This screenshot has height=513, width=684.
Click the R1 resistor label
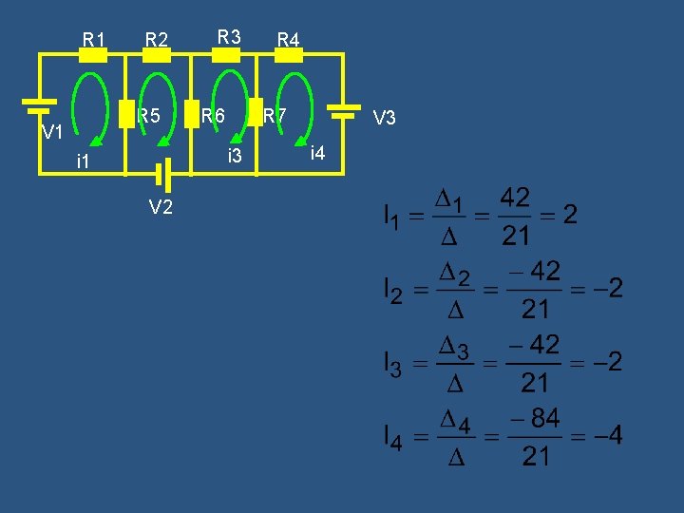(94, 40)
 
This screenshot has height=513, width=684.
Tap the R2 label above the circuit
(157, 40)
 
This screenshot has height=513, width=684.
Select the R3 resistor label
(229, 37)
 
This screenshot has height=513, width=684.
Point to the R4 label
(288, 40)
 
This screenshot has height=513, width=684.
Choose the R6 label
(213, 116)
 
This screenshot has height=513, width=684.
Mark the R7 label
(275, 116)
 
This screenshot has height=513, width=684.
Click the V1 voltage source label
(52, 131)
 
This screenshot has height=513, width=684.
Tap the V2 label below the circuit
(161, 207)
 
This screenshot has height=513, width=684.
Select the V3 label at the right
(385, 118)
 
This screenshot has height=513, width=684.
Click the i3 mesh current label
(235, 155)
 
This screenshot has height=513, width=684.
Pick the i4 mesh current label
(317, 153)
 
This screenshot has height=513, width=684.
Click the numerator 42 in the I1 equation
(515, 199)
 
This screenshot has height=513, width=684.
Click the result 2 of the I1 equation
(570, 216)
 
